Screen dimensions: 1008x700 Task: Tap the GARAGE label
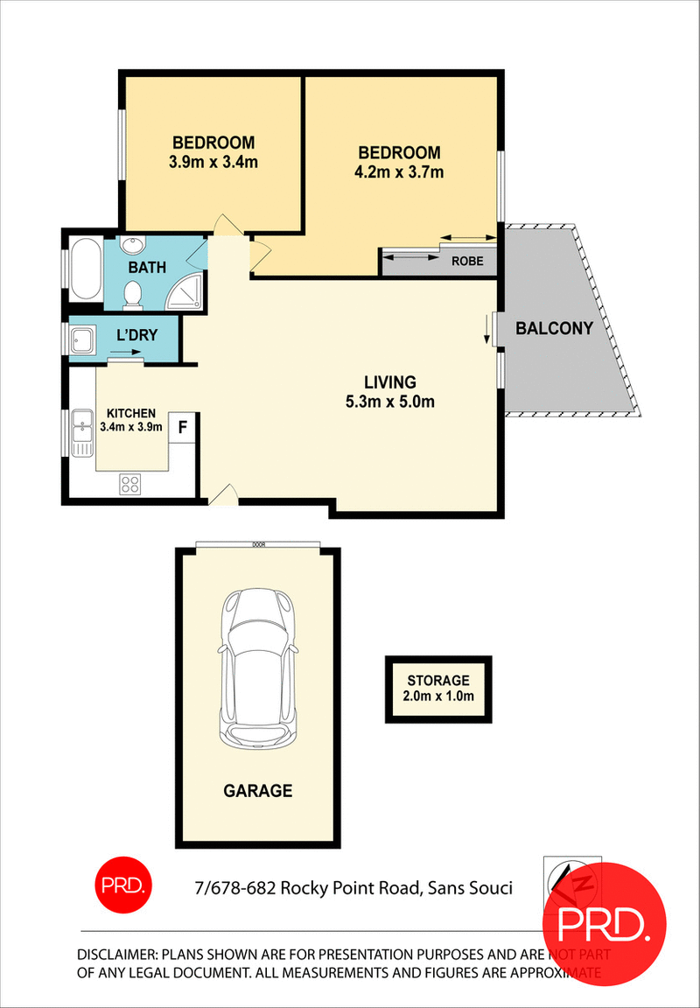tap(257, 791)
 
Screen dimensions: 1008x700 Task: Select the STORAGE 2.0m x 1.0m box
tap(438, 689)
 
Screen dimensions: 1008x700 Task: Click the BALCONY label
tap(554, 329)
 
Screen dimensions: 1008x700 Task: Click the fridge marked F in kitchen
tap(183, 428)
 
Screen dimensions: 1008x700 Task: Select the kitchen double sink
tap(82, 430)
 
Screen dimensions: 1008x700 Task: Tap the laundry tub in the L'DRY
tap(83, 338)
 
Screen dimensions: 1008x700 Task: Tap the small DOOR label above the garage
tap(258, 544)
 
